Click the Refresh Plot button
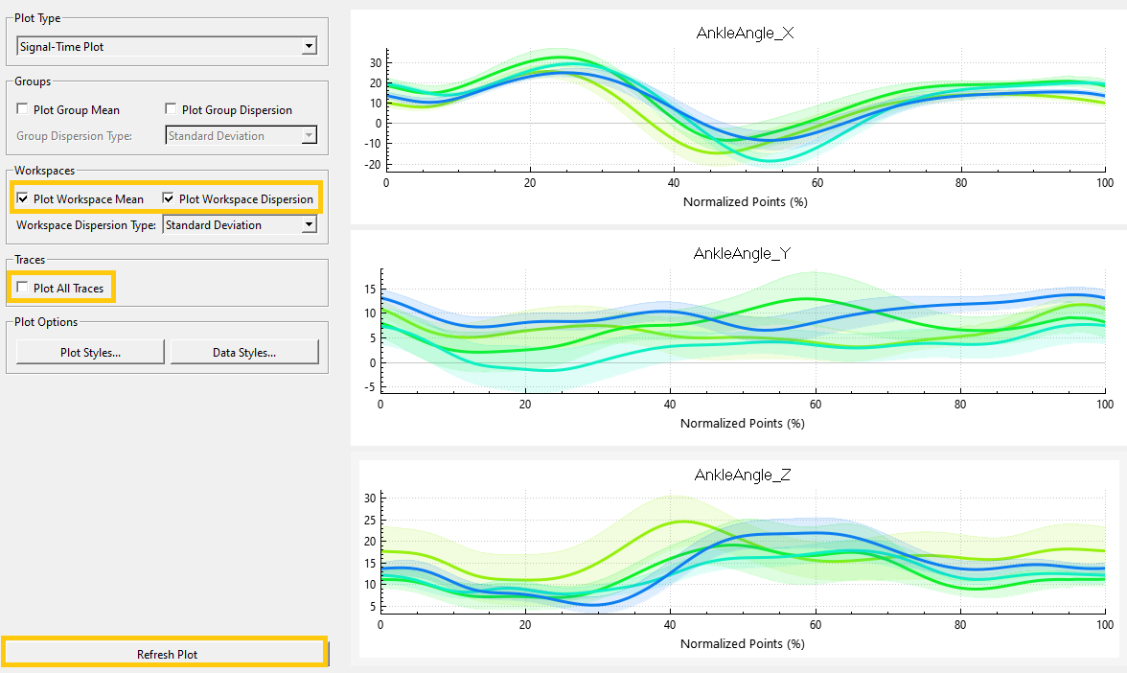click(166, 654)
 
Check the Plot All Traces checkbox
click(22, 288)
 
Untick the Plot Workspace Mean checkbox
click(22, 198)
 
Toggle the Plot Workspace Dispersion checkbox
click(169, 198)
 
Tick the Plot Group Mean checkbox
click(22, 109)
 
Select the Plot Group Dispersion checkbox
click(171, 109)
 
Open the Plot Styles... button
click(90, 353)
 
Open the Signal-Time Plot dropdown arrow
click(309, 47)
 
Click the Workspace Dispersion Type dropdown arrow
click(309, 225)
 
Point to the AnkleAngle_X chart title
click(746, 33)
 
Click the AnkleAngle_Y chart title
click(742, 254)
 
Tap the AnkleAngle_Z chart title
click(743, 475)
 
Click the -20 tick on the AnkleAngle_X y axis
click(372, 165)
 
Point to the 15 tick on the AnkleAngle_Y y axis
click(370, 290)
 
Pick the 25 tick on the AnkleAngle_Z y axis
click(370, 520)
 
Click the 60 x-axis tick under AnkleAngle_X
click(817, 182)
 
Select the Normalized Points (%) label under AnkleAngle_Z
click(743, 643)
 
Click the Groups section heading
click(33, 81)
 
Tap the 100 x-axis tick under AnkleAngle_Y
click(1105, 405)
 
